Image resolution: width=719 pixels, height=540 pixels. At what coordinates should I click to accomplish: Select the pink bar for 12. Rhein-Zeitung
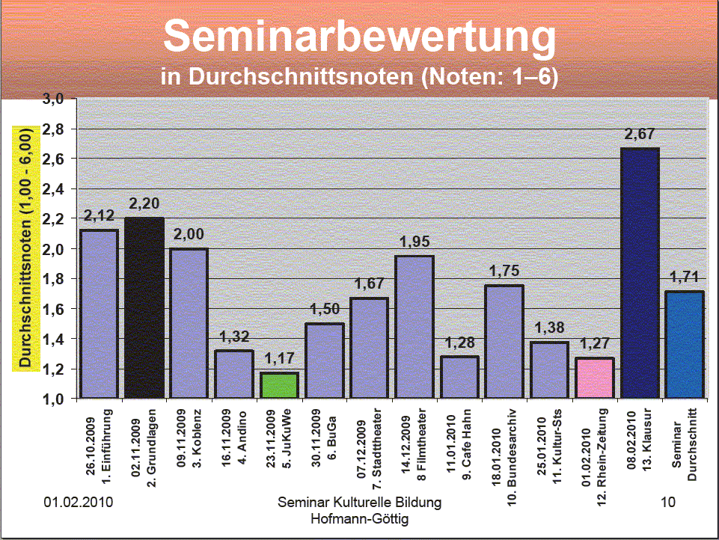click(594, 378)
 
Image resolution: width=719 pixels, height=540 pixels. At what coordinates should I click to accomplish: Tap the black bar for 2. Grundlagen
click(144, 307)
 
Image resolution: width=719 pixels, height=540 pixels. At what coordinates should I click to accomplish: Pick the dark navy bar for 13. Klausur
click(640, 273)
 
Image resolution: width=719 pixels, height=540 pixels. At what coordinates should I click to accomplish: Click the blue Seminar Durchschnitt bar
click(685, 344)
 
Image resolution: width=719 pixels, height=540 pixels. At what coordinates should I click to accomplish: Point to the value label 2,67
click(640, 135)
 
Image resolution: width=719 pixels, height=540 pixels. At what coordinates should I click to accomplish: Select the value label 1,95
click(414, 242)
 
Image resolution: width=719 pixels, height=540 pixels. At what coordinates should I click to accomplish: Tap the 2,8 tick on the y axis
click(58, 129)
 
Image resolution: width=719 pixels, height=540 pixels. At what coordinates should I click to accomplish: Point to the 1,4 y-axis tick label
click(58, 339)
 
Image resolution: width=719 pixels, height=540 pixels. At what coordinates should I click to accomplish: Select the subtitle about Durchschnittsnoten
click(359, 76)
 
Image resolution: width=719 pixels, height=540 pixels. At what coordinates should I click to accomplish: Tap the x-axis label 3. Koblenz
click(189, 441)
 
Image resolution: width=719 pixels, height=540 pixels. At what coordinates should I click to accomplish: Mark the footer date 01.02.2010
click(79, 502)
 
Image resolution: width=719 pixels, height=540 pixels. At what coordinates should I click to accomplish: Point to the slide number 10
click(668, 502)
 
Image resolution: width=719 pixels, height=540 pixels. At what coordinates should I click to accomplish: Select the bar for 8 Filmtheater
click(414, 327)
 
